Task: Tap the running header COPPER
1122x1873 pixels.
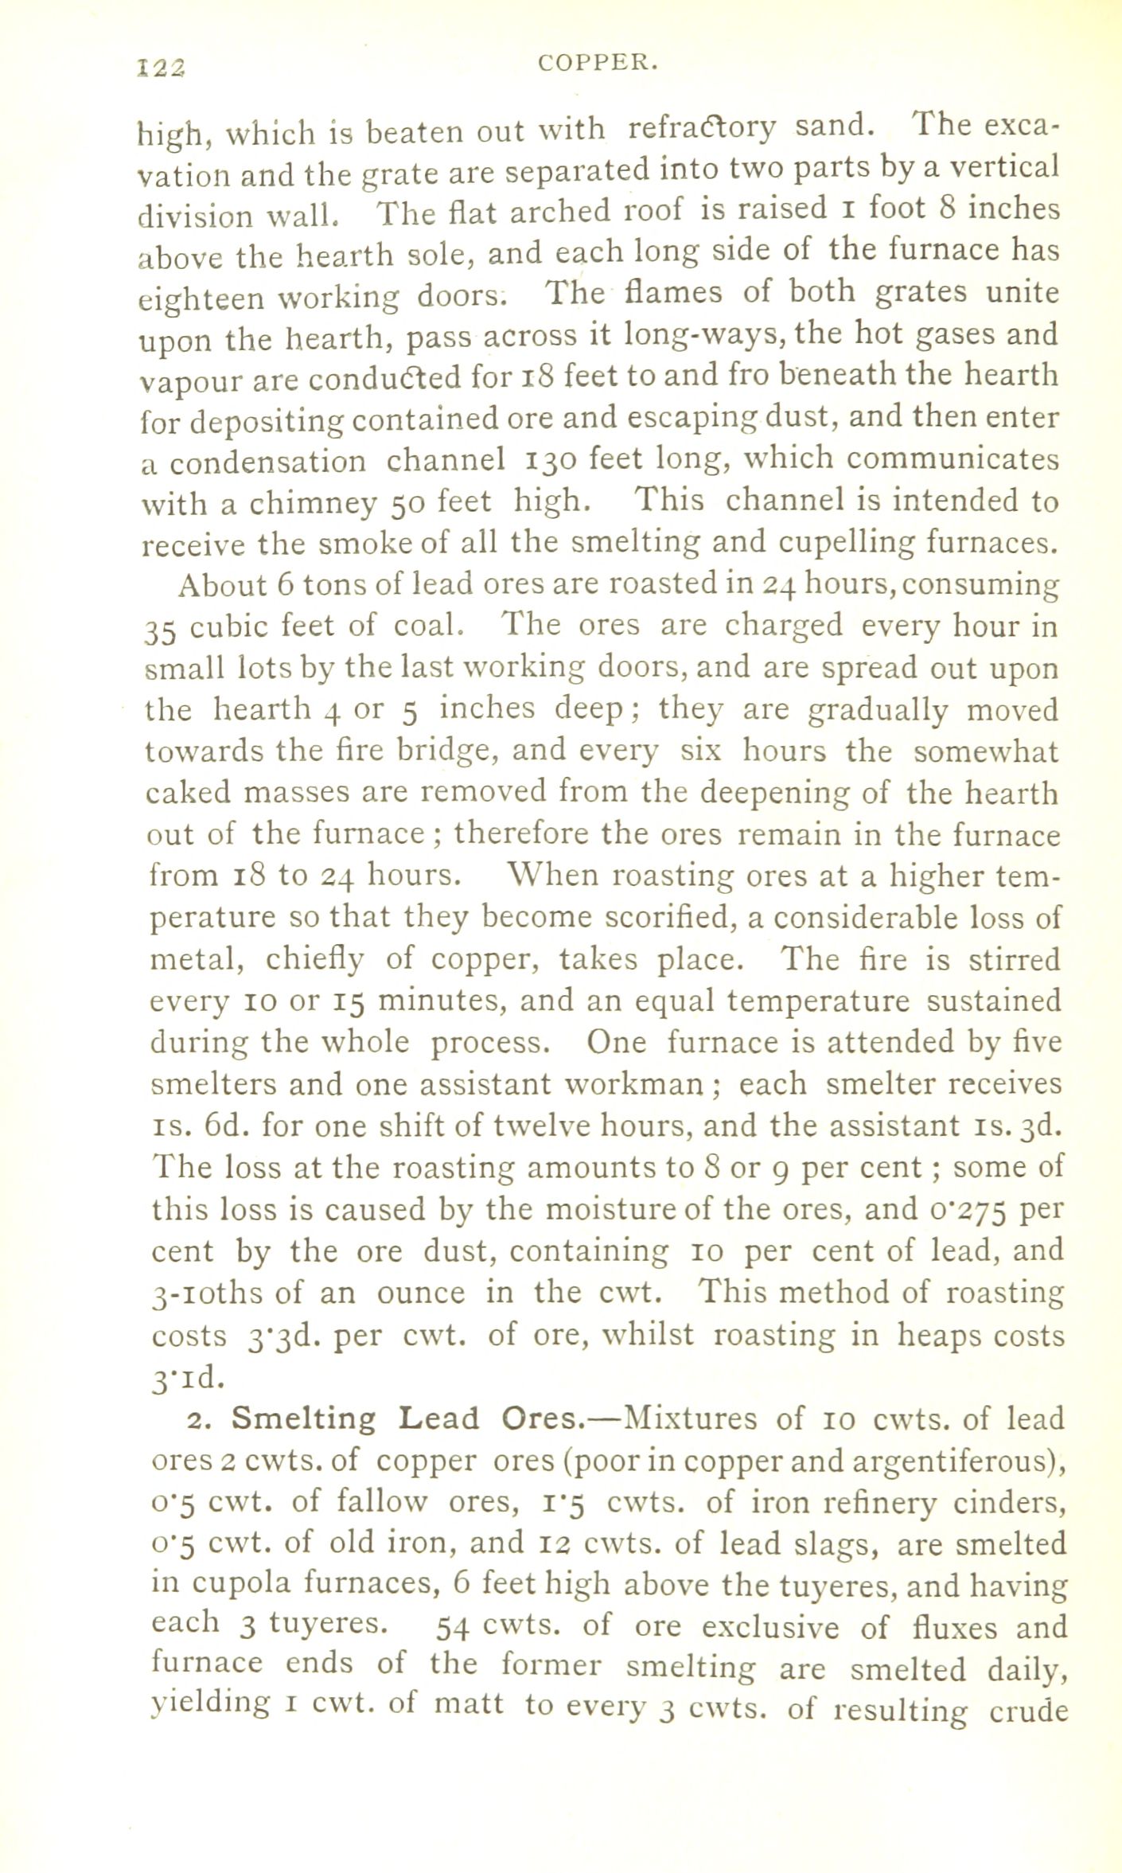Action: click(x=598, y=64)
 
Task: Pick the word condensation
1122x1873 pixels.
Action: click(x=267, y=462)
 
